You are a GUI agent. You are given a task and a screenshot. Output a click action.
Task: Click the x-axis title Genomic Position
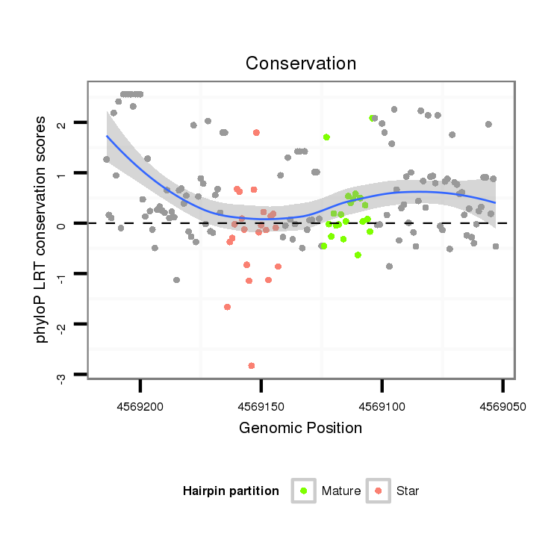point(301,428)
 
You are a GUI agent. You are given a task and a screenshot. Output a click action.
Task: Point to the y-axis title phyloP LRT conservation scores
point(42,229)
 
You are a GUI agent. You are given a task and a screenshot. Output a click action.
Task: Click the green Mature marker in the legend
point(304,491)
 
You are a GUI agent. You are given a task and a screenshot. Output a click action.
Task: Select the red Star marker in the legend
point(379,491)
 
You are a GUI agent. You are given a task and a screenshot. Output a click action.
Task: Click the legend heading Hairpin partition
point(231,491)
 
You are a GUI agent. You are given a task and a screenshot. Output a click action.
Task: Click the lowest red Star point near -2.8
point(252,365)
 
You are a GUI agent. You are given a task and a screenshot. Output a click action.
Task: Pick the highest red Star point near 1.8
point(256,132)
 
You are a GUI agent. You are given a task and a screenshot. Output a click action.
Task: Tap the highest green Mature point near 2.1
point(372,118)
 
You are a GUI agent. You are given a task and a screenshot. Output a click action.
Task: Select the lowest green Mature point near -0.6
point(358,255)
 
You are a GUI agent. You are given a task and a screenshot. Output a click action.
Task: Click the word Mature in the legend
point(341,491)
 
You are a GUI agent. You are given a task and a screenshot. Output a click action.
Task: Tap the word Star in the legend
point(408,491)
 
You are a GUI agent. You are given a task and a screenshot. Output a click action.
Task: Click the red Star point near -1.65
point(227,307)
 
